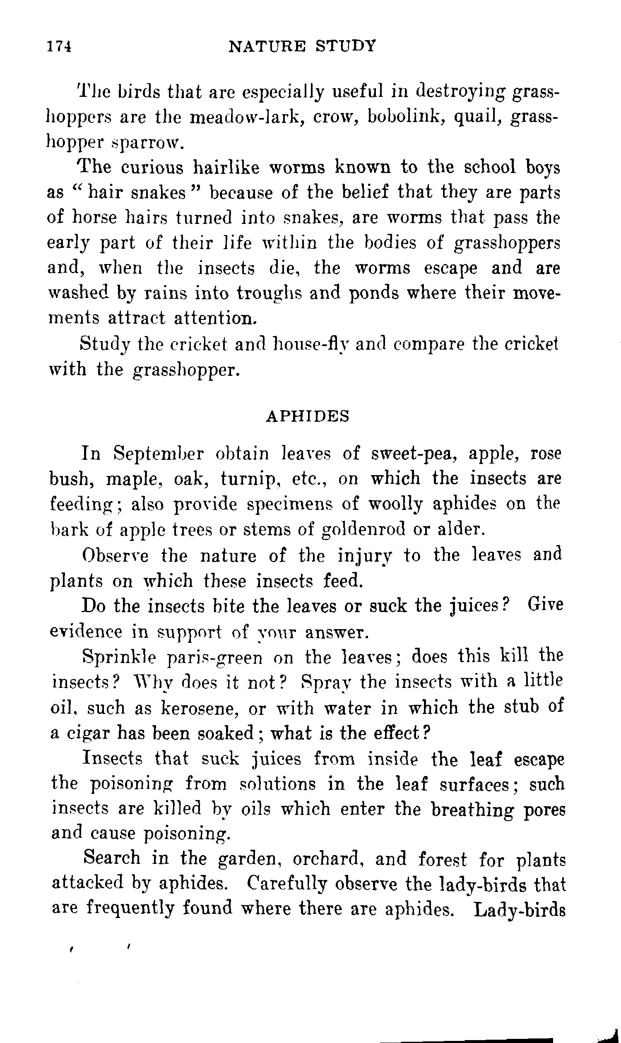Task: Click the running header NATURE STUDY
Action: (303, 46)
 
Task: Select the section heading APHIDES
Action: (308, 416)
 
